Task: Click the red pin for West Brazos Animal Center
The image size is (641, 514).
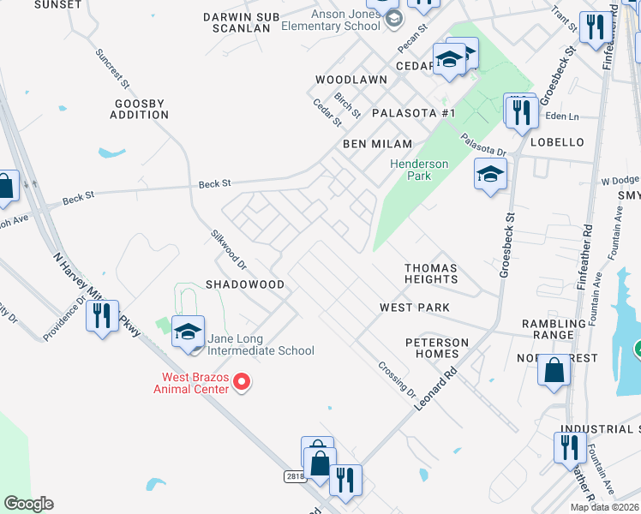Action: pos(242,381)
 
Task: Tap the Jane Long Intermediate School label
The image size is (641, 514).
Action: pos(259,344)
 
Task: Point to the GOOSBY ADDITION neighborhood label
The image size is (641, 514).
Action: pos(141,109)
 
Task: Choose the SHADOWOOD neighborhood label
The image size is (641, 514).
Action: pos(244,284)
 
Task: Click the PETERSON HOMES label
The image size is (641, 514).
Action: pos(437,349)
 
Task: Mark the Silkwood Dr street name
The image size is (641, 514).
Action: pos(229,248)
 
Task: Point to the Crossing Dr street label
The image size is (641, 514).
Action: pos(398,379)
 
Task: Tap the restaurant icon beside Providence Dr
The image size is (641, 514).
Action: pos(102,316)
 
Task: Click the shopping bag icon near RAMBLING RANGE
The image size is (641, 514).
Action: pos(554,371)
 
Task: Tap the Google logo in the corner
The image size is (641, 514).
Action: pos(28,504)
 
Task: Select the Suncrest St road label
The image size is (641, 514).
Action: pos(112,69)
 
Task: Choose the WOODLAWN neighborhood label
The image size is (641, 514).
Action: pos(350,79)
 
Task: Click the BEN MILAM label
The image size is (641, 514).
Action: pos(377,144)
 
